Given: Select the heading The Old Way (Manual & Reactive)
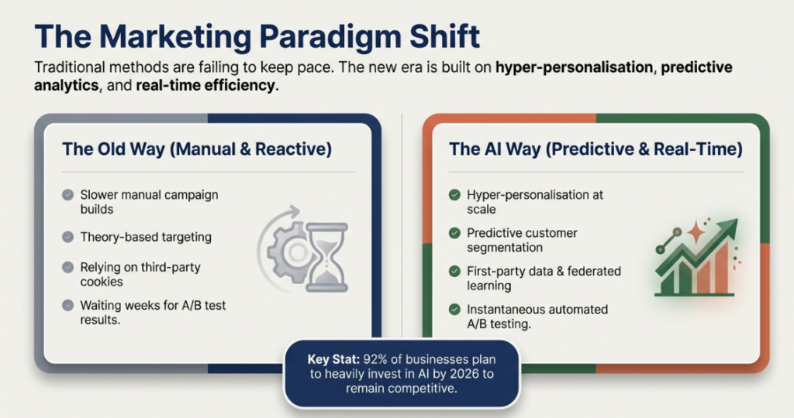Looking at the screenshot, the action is point(197,149).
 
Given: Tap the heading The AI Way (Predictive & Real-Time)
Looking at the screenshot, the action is point(595,149).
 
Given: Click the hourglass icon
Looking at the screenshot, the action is point(326,257).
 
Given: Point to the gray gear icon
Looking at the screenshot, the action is point(288,252).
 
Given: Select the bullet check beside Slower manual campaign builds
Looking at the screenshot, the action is point(68,195).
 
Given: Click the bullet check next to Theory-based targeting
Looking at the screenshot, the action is point(68,237).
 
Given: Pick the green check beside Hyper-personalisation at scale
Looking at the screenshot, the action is point(454,195).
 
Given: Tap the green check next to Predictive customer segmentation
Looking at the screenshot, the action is point(454,233).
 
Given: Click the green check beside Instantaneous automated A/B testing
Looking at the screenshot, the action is point(454,310).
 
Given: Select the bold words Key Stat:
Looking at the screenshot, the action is point(333,359).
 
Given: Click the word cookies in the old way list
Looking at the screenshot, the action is point(102,282).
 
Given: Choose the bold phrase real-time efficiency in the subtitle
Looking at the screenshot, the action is point(205,85).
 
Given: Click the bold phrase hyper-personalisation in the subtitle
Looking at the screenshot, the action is point(575,67).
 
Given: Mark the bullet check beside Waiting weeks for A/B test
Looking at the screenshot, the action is point(68,305).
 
